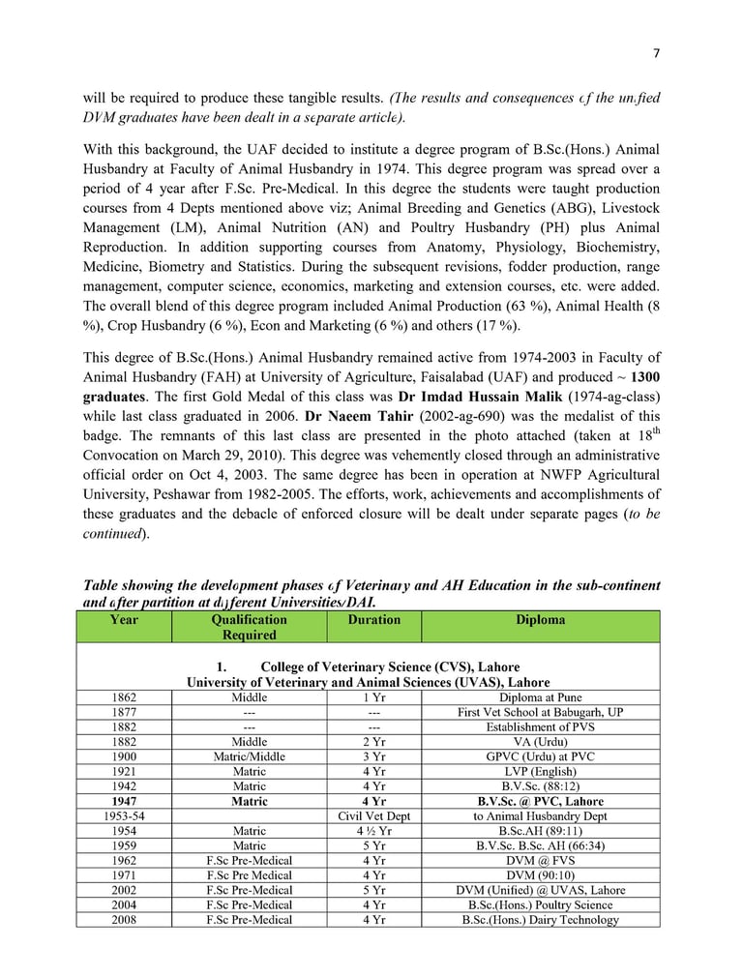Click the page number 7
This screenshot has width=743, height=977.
coord(656,52)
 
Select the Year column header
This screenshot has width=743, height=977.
coord(124,620)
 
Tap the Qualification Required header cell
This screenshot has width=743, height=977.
coord(249,628)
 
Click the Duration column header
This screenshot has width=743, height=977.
coord(373,620)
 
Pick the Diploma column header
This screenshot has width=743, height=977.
coord(541,620)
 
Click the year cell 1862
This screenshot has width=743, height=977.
coord(124,696)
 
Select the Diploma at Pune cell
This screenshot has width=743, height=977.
coord(541,696)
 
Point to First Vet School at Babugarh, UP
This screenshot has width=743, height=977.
coord(541,712)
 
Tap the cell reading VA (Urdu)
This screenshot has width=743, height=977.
coord(541,742)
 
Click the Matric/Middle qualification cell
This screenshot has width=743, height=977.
coord(249,756)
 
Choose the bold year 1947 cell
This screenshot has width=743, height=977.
coord(124,801)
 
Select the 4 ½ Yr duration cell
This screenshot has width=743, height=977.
coord(373,831)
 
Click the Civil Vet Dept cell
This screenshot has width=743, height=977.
coord(373,816)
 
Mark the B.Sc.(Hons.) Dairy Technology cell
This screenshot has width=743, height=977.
coord(541,920)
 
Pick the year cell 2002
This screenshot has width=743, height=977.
coord(124,890)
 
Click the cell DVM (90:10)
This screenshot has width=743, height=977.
coord(541,875)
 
